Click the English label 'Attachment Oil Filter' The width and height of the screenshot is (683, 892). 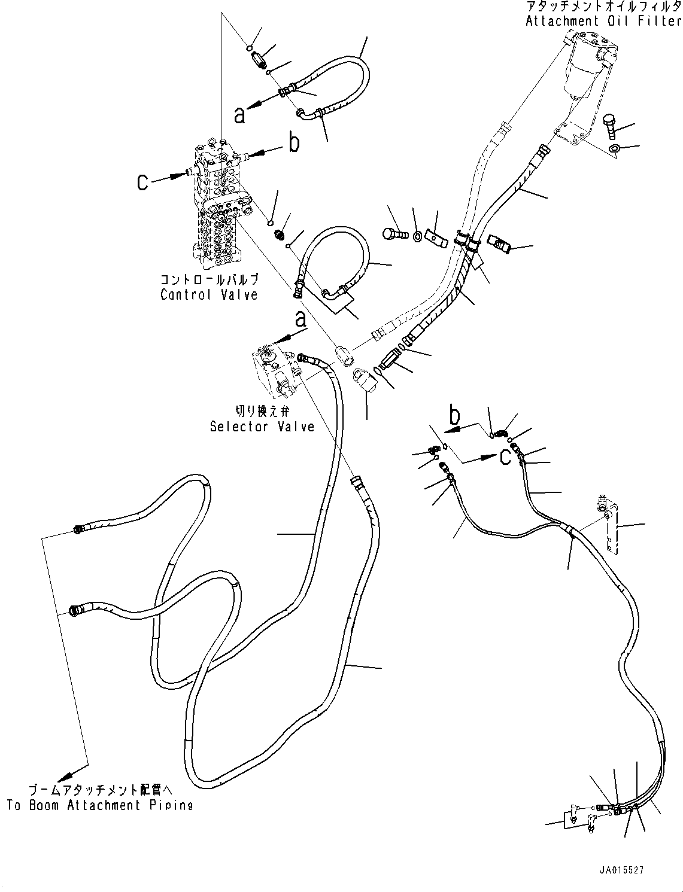click(603, 22)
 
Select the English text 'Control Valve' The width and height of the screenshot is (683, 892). click(209, 294)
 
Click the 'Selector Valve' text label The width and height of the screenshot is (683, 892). click(262, 427)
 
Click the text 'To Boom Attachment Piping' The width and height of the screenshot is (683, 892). click(100, 805)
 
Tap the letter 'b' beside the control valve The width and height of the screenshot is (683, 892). click(294, 144)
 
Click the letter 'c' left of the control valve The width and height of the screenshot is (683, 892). click(142, 181)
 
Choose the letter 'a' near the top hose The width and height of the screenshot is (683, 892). click(240, 115)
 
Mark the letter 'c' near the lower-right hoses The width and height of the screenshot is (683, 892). click(505, 457)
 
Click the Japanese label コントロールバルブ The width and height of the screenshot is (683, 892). click(209, 279)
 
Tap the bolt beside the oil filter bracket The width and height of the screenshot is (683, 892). click(608, 125)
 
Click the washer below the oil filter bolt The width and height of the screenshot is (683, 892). click(614, 148)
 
